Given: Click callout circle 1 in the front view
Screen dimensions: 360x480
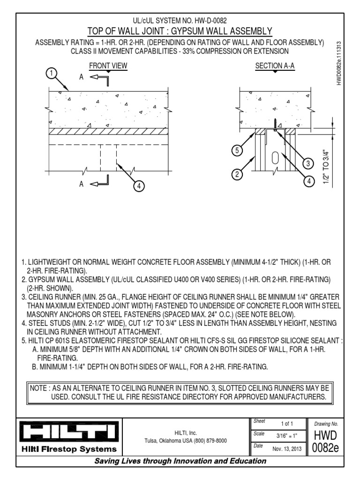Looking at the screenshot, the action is click(x=52, y=73).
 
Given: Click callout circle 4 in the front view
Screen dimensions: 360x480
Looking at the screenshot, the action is click(x=138, y=186).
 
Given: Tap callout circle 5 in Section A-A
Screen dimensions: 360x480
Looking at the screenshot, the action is click(x=238, y=151).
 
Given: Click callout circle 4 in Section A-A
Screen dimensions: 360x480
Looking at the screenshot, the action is click(x=308, y=180).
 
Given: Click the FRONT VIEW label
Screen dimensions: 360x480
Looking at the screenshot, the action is click(x=108, y=66).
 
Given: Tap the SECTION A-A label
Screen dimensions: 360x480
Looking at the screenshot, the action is click(x=275, y=66).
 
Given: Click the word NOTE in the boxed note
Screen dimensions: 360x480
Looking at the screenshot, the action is click(x=38, y=389).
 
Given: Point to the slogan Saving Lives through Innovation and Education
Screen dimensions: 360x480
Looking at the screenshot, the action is click(x=180, y=461).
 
